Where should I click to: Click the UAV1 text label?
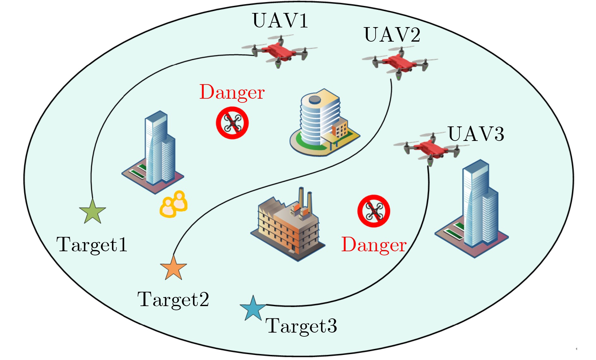(x=280, y=21)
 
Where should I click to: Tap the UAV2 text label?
(x=392, y=35)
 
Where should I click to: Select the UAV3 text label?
(x=476, y=134)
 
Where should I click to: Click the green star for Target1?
(x=92, y=212)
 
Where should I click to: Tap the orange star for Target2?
(x=173, y=268)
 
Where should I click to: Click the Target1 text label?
(x=92, y=245)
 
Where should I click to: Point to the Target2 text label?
(x=173, y=299)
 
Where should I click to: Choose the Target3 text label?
(x=301, y=326)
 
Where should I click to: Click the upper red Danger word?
(x=232, y=92)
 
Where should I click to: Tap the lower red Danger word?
(x=374, y=245)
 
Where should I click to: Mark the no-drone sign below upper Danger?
(x=232, y=123)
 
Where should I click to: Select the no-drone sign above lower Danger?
(x=374, y=211)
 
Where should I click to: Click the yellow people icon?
(x=174, y=204)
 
